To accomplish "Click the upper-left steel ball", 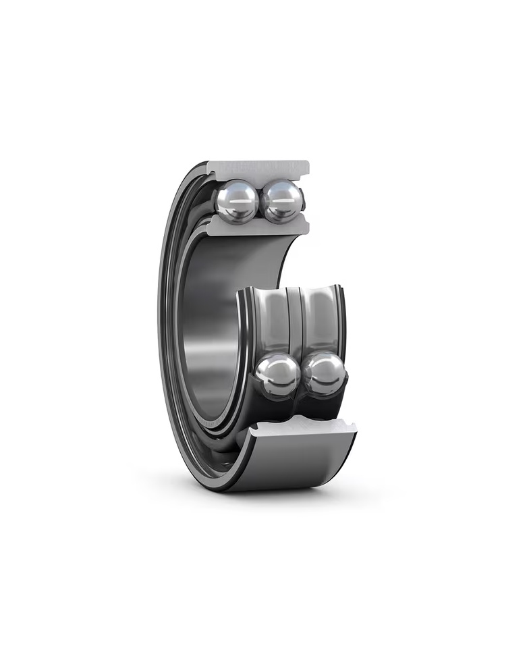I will point(236,201).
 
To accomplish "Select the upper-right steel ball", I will point(282,200).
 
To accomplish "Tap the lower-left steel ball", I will point(277,375).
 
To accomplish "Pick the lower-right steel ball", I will point(324,374).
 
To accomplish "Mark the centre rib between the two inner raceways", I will point(294,317).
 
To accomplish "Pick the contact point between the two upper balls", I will point(260,201).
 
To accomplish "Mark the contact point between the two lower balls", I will point(301,375).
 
